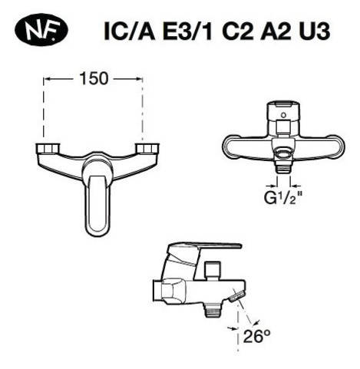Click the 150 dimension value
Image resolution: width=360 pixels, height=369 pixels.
click(x=94, y=80)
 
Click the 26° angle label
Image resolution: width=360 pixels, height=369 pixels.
click(x=256, y=334)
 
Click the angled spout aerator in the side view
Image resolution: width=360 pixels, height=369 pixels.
click(x=238, y=296)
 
